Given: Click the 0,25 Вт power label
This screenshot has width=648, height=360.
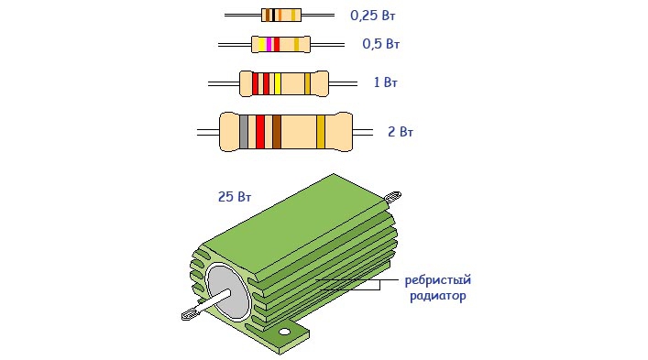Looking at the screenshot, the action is (372, 16).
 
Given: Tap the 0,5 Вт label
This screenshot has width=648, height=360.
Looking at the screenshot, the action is (380, 44).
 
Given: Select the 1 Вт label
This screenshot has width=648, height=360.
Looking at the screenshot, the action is (385, 82).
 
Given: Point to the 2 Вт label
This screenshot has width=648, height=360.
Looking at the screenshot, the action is (400, 132).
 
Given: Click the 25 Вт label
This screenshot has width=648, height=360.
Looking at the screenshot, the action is (235, 197).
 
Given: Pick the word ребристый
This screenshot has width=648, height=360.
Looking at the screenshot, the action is (437, 280).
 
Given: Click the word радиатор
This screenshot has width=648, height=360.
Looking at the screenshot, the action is (437, 296).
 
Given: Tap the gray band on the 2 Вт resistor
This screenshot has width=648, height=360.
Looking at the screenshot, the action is (244, 132).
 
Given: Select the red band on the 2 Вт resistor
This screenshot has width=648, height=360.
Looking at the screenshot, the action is (260, 132).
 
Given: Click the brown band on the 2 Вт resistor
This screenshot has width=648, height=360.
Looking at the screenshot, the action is (277, 132).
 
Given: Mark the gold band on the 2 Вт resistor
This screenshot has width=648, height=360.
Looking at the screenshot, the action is (321, 132).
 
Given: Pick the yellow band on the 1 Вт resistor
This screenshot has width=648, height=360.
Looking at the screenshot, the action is (278, 83).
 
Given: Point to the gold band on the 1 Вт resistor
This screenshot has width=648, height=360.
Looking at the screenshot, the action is (307, 83).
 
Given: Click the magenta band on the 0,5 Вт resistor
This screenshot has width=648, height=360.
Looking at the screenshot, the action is (269, 44).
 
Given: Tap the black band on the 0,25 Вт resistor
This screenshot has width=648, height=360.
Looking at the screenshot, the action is (273, 16).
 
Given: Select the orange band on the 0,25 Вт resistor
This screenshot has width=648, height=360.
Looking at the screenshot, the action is (280, 16).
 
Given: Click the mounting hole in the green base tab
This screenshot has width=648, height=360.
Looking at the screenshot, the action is (284, 332).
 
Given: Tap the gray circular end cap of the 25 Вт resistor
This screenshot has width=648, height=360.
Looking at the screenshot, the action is (228, 292).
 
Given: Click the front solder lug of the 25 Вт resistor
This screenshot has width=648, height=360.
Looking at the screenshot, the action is (191, 314).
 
